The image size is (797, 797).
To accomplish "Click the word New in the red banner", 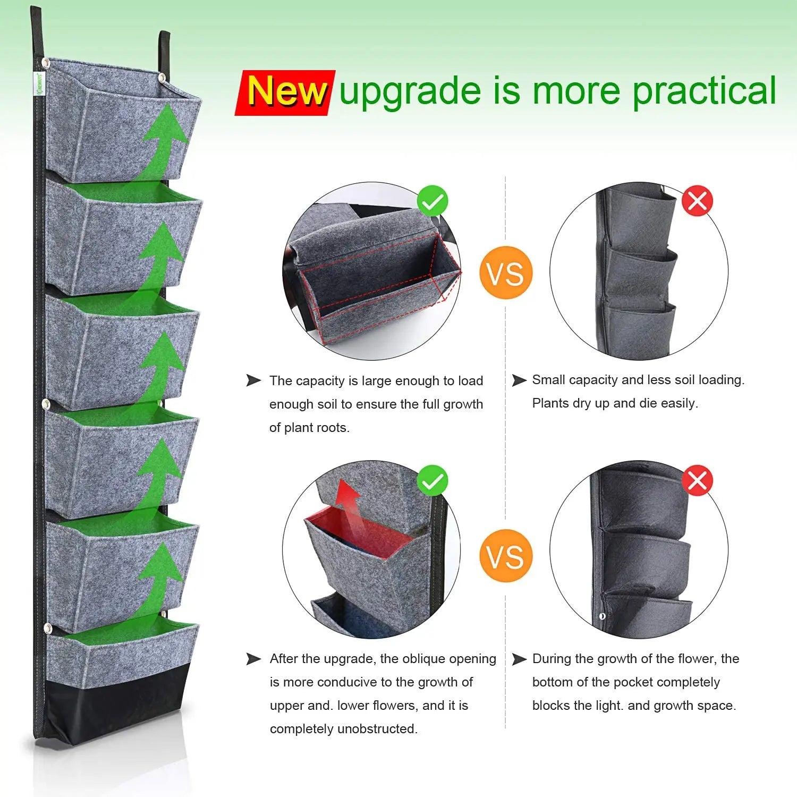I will tap(286, 91).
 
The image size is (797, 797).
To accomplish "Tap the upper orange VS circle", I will tap(505, 273).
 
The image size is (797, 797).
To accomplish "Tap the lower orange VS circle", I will tap(505, 556).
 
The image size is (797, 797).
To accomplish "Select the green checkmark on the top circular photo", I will tap(433, 201).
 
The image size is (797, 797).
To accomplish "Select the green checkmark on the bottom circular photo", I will tap(433, 481).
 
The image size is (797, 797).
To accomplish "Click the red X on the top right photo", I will tap(697, 201).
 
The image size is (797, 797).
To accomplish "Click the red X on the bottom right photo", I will tap(697, 481).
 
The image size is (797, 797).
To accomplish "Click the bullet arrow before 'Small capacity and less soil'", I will tap(519, 380).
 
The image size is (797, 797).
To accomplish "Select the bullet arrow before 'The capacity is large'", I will tap(253, 380).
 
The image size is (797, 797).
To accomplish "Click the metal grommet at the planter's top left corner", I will tap(46, 63).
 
